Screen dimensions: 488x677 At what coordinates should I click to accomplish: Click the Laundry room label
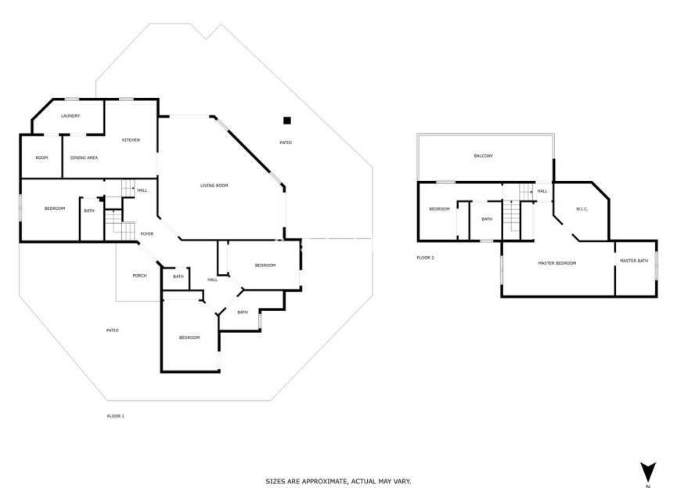[x=71, y=116]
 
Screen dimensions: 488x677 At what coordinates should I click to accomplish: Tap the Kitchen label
[x=131, y=139]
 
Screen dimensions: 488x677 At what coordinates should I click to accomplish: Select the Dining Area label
[x=84, y=157]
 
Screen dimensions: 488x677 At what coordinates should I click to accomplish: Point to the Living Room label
[x=214, y=185]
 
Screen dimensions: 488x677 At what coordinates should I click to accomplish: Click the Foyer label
[x=146, y=233]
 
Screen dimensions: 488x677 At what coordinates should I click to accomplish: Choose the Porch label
[x=139, y=275]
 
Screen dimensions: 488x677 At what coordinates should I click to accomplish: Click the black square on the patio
[x=287, y=120]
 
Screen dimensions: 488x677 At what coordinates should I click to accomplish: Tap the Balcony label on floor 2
[x=483, y=156]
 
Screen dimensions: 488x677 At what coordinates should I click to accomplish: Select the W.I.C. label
[x=582, y=208]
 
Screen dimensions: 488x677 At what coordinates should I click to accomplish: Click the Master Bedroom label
[x=556, y=262]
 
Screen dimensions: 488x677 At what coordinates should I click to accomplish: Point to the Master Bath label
[x=633, y=260]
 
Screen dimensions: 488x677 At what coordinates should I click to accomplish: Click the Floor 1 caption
[x=115, y=416]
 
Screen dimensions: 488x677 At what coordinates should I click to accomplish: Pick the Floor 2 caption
[x=425, y=257]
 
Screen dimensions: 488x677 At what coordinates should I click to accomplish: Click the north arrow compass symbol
[x=646, y=472]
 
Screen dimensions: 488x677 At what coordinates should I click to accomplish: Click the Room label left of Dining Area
[x=41, y=157]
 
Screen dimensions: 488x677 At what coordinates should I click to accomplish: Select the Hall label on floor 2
[x=542, y=190]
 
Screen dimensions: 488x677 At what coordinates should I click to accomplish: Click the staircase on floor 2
[x=510, y=213]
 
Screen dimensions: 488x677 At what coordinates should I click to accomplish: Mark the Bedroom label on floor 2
[x=439, y=208]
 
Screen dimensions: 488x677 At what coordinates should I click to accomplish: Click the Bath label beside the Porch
[x=178, y=276]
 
